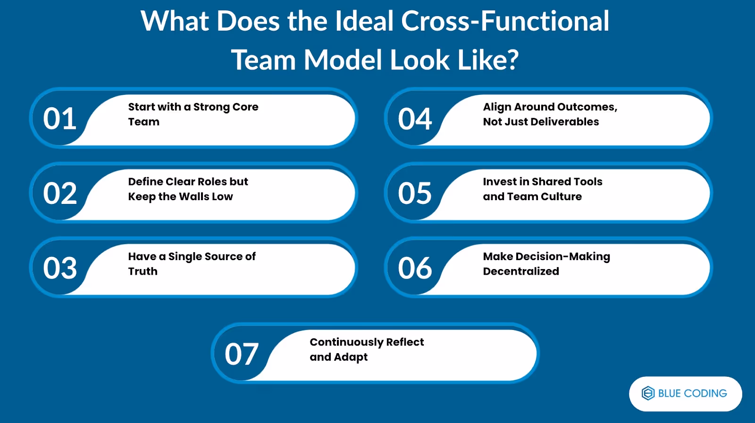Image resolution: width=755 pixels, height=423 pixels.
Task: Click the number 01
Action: [x=60, y=118]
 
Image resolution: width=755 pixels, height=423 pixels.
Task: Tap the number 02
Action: [x=60, y=193]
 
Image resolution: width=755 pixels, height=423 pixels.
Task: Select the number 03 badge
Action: [x=60, y=268]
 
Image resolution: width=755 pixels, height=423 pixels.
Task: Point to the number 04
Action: [x=415, y=118]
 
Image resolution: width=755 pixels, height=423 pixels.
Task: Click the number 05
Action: [x=415, y=193]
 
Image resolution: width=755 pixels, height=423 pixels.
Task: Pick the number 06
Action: [x=415, y=268]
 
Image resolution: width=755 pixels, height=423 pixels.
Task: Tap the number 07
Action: [x=242, y=354]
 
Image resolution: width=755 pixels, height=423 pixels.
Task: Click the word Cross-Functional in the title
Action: [x=505, y=21]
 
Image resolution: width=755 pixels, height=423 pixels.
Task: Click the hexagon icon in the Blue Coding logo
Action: [x=648, y=393]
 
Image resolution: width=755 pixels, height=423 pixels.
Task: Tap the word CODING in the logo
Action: [x=705, y=393]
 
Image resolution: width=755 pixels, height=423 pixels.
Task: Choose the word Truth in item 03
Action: [x=143, y=271]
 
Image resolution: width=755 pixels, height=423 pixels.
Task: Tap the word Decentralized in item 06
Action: [x=521, y=271]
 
